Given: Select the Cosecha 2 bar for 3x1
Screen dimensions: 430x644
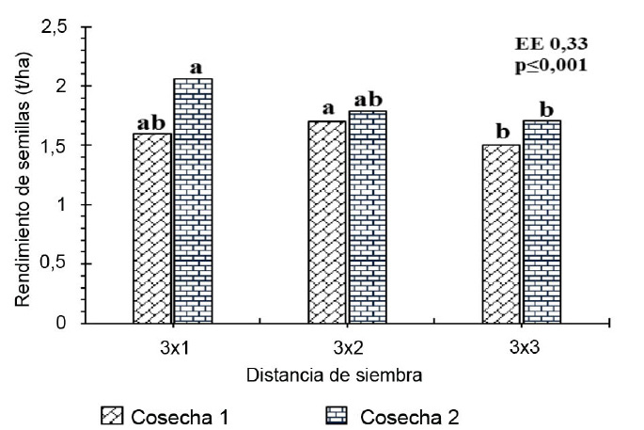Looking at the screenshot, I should (x=192, y=201).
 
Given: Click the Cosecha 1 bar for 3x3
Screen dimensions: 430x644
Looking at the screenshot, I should (x=500, y=234).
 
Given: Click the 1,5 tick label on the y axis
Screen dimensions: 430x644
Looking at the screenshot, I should (x=55, y=145).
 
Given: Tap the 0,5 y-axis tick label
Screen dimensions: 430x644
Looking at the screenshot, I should (x=55, y=263).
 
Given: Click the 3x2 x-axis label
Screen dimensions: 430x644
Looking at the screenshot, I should (x=346, y=347).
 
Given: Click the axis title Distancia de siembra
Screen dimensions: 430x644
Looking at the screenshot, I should (x=333, y=374).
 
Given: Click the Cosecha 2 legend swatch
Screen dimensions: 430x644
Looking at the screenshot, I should (x=344, y=415).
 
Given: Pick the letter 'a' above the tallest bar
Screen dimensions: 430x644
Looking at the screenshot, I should (x=196, y=68).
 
